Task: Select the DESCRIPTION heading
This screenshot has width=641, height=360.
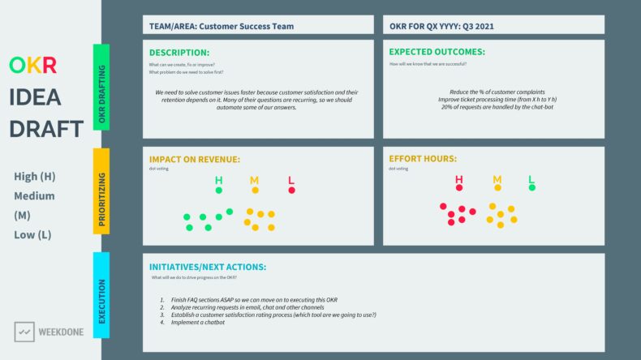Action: pos(179,52)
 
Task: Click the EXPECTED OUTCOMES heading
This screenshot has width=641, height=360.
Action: pos(437,52)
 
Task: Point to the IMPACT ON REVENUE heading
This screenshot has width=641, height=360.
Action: pos(195,159)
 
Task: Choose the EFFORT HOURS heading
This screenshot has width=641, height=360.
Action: pos(422,159)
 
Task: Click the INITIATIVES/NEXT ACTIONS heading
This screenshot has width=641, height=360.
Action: pos(208,267)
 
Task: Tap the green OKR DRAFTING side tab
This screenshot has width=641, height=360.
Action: pos(101,87)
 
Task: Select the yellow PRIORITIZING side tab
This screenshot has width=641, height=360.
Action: pos(101,191)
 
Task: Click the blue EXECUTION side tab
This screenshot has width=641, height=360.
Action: pos(101,295)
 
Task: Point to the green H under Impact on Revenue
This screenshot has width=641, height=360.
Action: pos(218,179)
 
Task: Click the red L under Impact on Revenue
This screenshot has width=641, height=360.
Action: pos(291,179)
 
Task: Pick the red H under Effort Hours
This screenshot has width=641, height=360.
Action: pos(459,179)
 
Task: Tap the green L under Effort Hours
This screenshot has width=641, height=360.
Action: pos(531,179)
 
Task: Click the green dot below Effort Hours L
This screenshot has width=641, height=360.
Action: pos(531,188)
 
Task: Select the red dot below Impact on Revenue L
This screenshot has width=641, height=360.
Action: pos(291,191)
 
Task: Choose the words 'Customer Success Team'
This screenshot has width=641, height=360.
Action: pos(253,26)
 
